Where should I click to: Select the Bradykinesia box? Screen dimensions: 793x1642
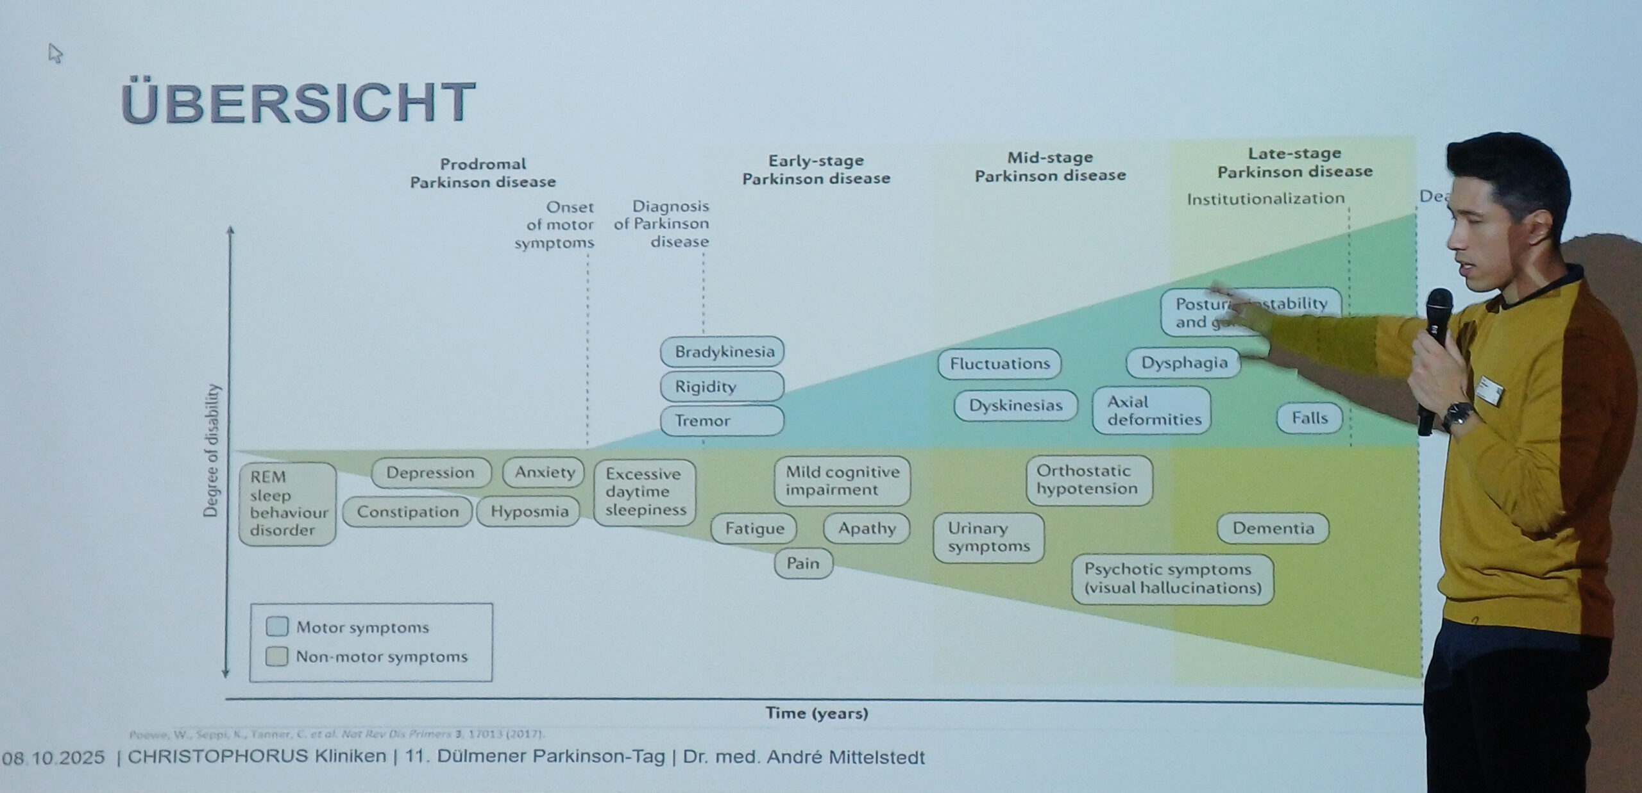click(x=722, y=351)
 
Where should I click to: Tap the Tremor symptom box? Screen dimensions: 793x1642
click(x=722, y=421)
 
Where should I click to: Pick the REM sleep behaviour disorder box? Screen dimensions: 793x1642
click(x=287, y=504)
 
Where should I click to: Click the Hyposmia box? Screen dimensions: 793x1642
click(x=529, y=512)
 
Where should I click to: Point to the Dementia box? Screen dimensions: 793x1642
click(x=1273, y=528)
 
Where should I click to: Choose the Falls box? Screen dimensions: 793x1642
click(x=1308, y=418)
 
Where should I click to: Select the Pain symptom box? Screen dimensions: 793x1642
click(x=803, y=563)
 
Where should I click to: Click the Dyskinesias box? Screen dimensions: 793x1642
click(x=1015, y=406)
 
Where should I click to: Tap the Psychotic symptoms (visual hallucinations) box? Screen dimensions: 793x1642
click(x=1172, y=579)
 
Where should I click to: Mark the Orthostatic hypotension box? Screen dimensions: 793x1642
click(x=1088, y=480)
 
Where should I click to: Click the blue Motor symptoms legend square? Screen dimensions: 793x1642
click(x=277, y=626)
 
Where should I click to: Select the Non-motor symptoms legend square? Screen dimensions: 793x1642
click(x=277, y=656)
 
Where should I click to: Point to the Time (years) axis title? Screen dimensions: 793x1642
click(x=817, y=713)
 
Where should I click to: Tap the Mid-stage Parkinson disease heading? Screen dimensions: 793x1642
click(x=1050, y=167)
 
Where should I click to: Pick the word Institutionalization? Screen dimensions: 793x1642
click(x=1265, y=199)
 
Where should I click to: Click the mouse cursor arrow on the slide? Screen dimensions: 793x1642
click(x=55, y=53)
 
